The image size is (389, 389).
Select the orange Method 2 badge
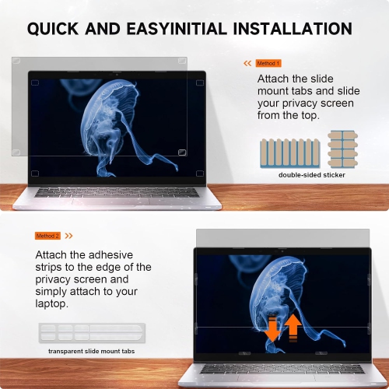[47, 236]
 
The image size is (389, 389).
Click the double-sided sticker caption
[311, 175]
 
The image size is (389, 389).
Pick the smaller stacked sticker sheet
[339, 149]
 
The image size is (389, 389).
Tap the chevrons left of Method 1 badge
[247, 63]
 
